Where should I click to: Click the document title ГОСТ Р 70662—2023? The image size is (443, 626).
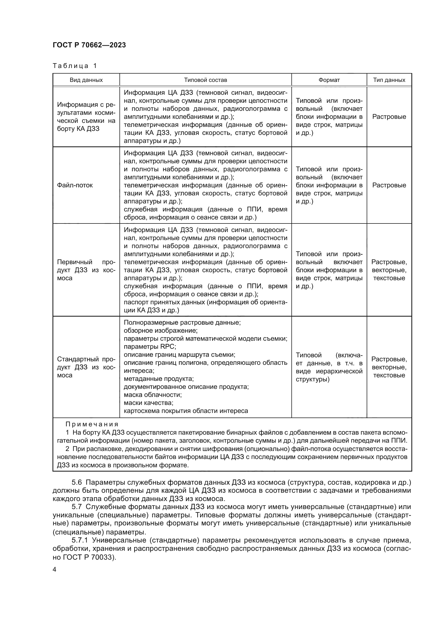(89, 45)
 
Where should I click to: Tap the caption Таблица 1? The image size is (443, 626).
(75, 66)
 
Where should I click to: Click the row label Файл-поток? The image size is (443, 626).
(75, 185)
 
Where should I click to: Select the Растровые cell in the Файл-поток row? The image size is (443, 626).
(389, 185)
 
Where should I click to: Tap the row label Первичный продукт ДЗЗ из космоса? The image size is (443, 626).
(86, 270)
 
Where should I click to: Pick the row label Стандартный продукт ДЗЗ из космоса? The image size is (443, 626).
(86, 367)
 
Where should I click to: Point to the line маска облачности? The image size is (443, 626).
(152, 395)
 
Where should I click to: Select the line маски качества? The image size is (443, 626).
(148, 403)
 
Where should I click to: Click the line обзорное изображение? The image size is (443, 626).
(160, 331)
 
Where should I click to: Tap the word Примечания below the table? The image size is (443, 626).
(92, 424)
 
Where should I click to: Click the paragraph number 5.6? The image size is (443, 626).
(76, 482)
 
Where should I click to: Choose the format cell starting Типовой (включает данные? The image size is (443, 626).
(329, 367)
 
